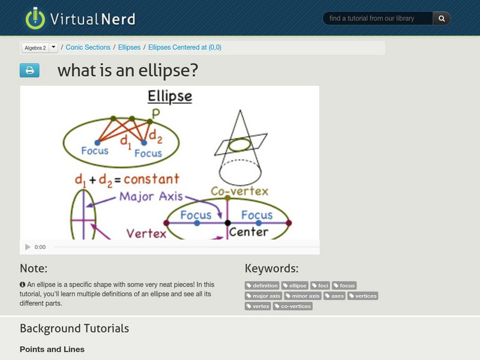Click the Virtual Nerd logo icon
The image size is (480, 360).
click(x=35, y=18)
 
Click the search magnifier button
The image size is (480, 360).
click(x=442, y=19)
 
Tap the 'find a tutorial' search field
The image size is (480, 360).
click(x=378, y=19)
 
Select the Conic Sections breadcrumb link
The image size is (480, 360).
click(x=88, y=47)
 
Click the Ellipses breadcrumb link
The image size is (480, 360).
click(x=129, y=47)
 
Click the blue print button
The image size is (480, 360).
click(x=29, y=71)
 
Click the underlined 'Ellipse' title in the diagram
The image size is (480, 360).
click(x=170, y=97)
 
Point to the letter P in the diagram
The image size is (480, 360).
click(x=156, y=113)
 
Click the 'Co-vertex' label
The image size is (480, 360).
click(x=239, y=192)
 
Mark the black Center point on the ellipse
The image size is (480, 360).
click(x=228, y=223)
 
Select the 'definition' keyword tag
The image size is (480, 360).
click(x=262, y=286)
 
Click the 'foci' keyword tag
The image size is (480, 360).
click(x=320, y=286)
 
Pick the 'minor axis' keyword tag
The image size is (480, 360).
click(x=304, y=296)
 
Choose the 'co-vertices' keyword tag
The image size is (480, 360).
click(x=293, y=306)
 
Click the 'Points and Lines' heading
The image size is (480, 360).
click(x=52, y=349)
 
